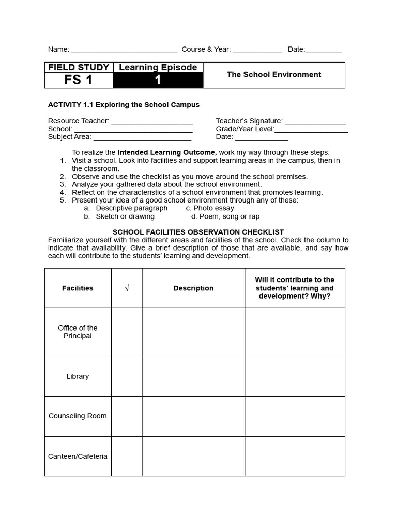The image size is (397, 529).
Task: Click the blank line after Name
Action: click(x=124, y=50)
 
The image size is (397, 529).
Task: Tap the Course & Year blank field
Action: click(x=257, y=50)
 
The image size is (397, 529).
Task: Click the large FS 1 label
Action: click(x=79, y=80)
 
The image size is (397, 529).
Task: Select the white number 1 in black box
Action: click(x=158, y=80)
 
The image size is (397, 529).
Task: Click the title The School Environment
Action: click(x=274, y=75)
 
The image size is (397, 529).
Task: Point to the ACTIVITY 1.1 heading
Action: click(x=124, y=104)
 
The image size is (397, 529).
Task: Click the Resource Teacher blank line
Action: click(x=152, y=122)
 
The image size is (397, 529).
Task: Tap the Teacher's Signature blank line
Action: click(x=315, y=122)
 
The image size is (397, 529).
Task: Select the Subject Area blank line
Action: click(x=142, y=138)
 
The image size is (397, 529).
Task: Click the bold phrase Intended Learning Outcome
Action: click(x=167, y=152)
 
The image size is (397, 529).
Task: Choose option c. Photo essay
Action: click(x=210, y=208)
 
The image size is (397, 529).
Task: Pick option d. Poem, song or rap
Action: click(x=225, y=216)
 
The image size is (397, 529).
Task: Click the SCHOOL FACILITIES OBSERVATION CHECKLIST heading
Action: click(x=198, y=232)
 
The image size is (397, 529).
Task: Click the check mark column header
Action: click(x=127, y=288)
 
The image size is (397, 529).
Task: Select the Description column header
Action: click(x=193, y=288)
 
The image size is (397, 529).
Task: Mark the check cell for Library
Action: click(x=127, y=377)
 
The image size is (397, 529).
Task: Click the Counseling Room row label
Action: click(x=78, y=416)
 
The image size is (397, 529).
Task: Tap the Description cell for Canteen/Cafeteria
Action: click(x=193, y=456)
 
